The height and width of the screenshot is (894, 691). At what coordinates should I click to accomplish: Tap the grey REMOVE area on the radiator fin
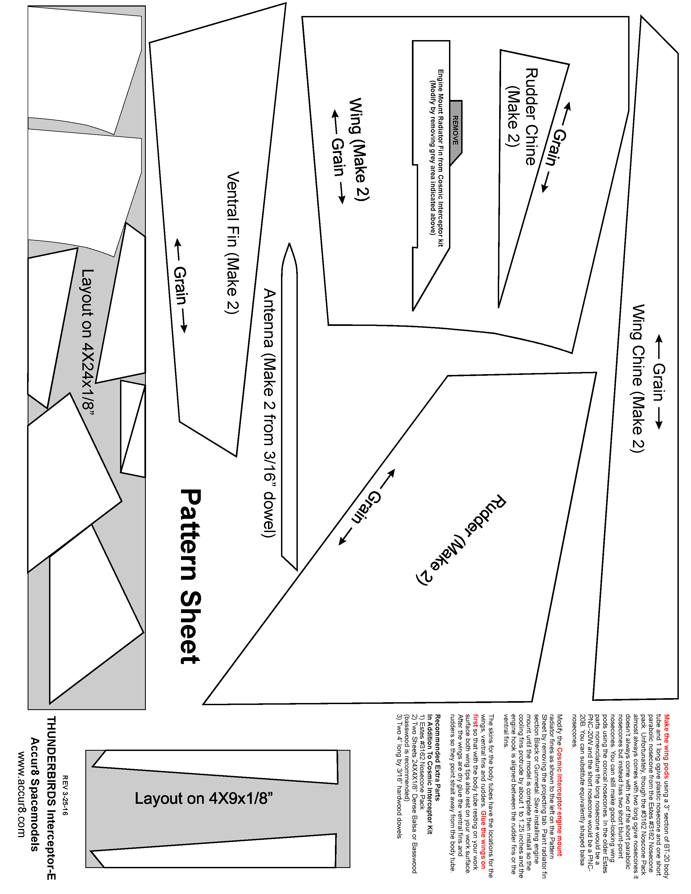(x=456, y=130)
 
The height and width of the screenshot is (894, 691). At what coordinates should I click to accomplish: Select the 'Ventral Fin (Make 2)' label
(x=233, y=242)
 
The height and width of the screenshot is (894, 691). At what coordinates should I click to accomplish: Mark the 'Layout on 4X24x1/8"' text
(x=88, y=339)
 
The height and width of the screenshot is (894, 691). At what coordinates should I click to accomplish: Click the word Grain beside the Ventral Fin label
(x=180, y=286)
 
